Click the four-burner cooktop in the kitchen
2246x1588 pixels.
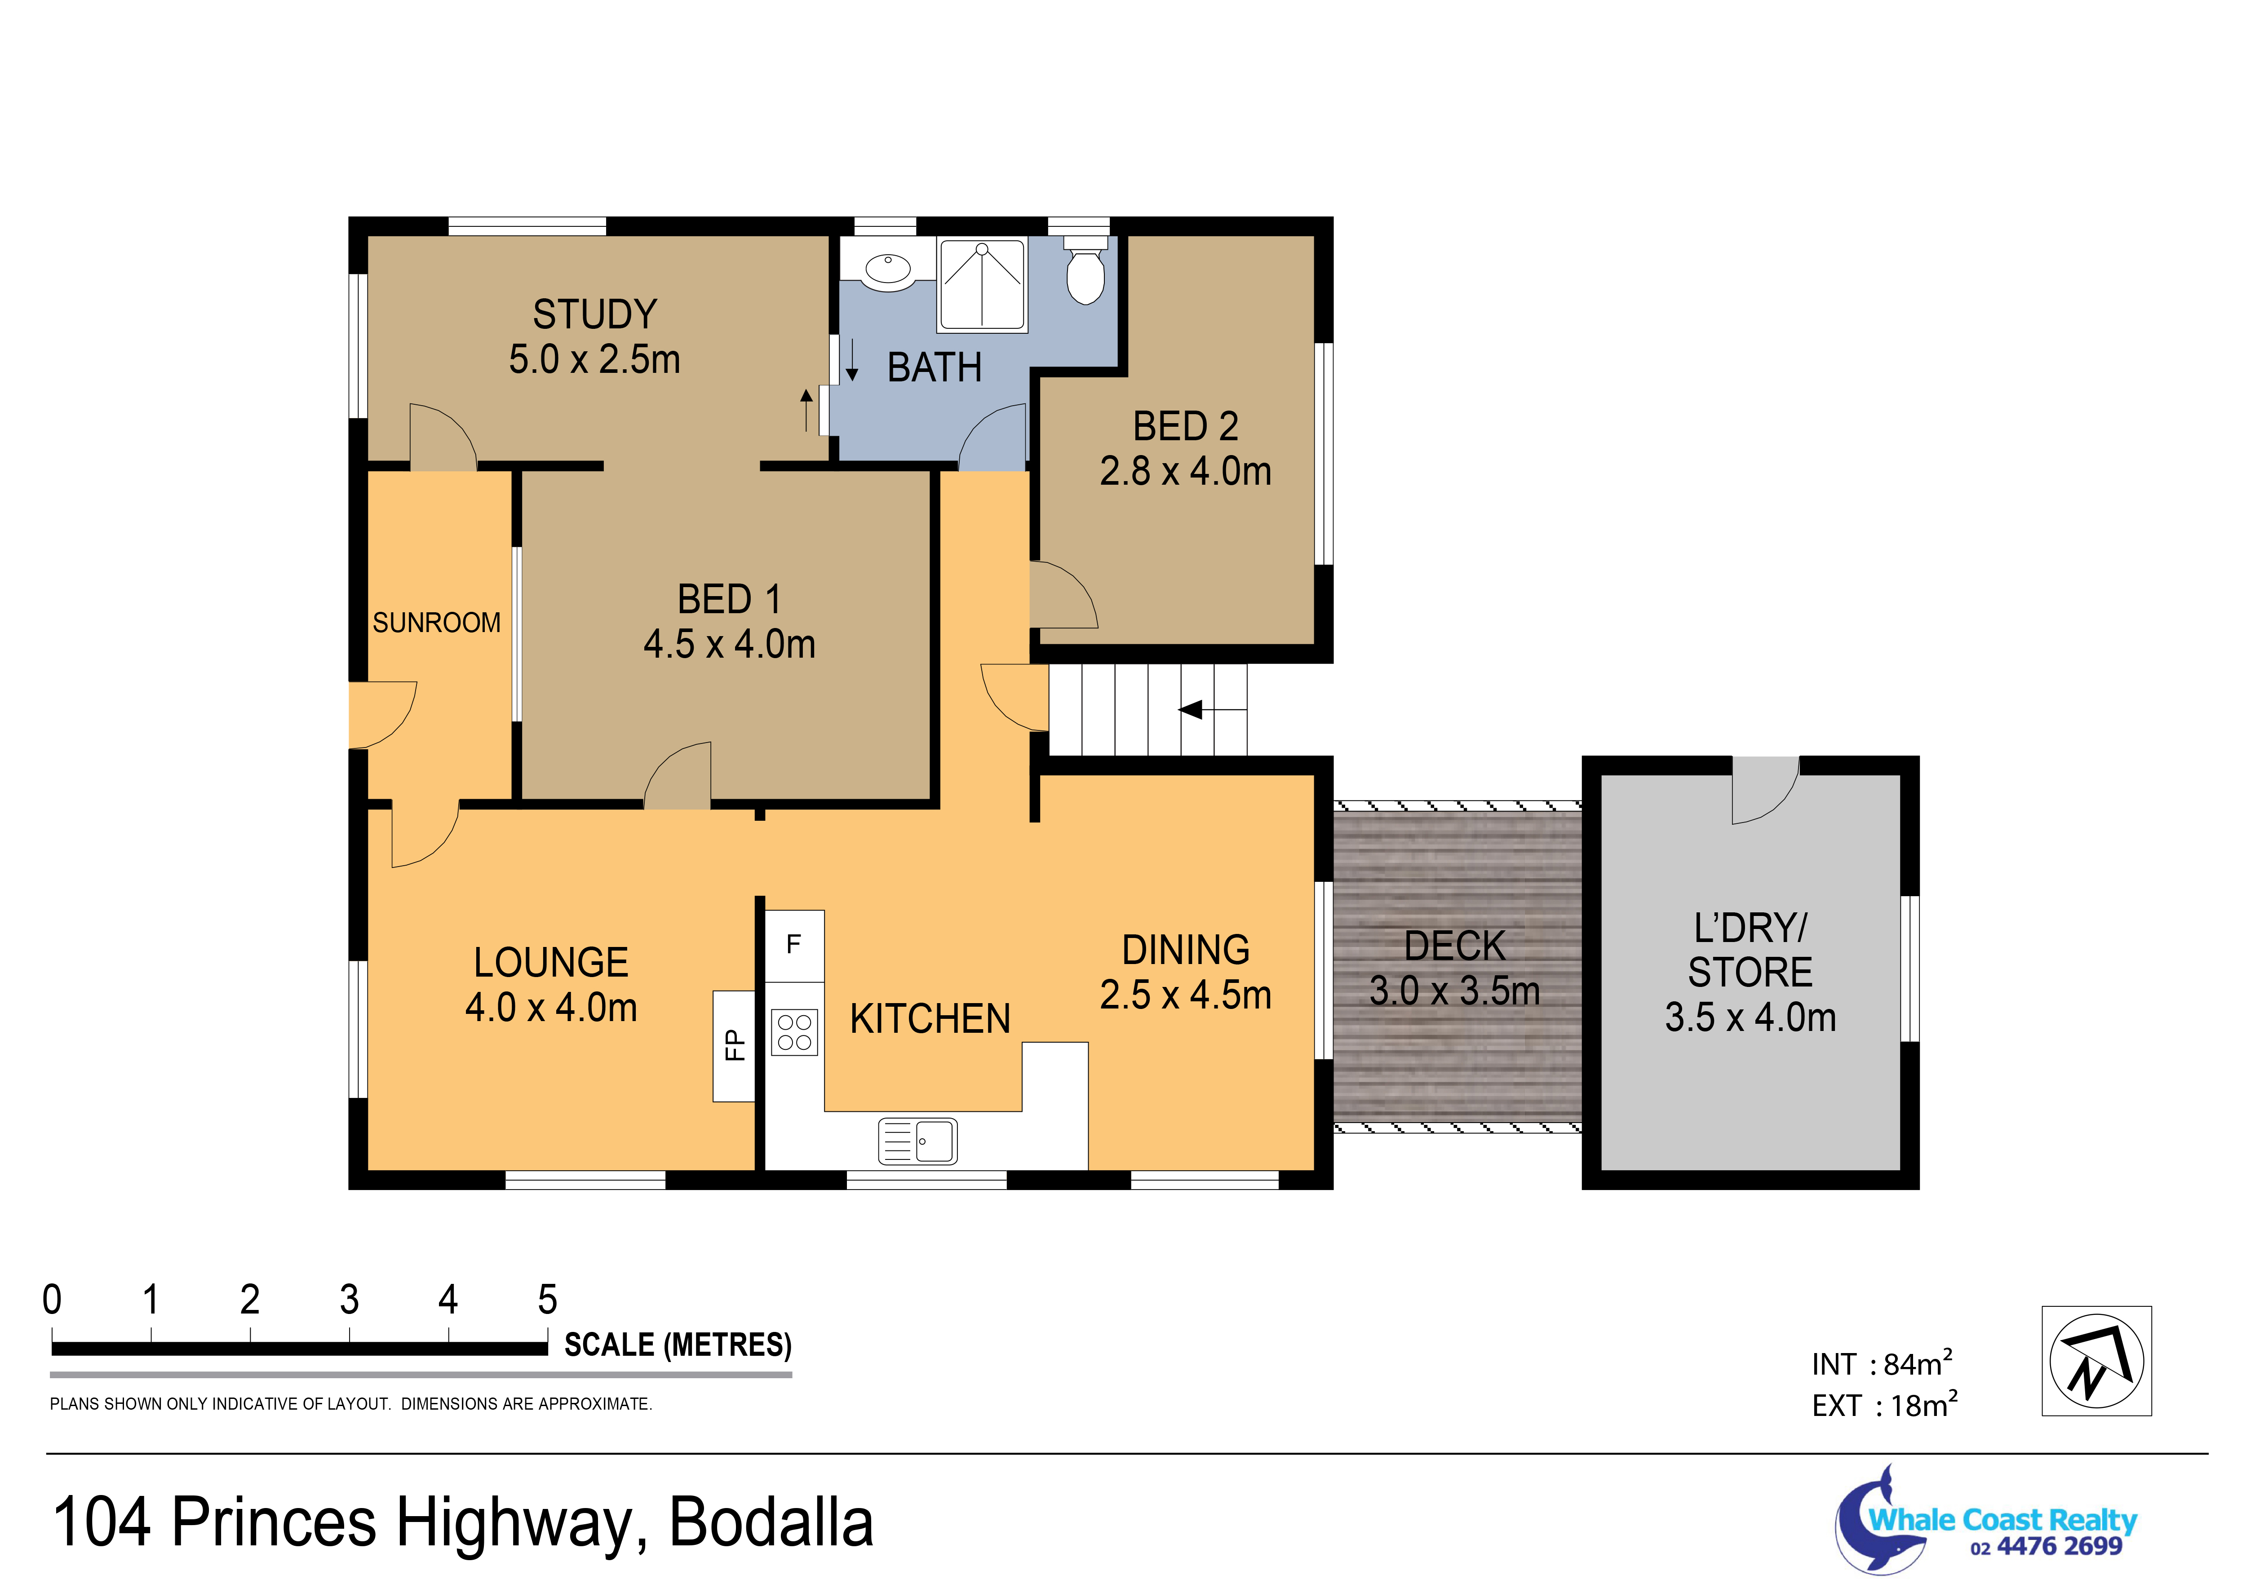tap(794, 1033)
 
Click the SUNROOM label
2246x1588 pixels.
tap(436, 623)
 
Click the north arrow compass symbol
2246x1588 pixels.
tap(2096, 1360)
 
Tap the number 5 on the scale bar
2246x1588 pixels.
tap(548, 1300)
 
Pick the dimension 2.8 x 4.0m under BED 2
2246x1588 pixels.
tap(1186, 471)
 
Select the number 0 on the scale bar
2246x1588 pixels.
tap(52, 1300)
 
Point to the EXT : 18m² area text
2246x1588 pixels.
tap(1884, 1404)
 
